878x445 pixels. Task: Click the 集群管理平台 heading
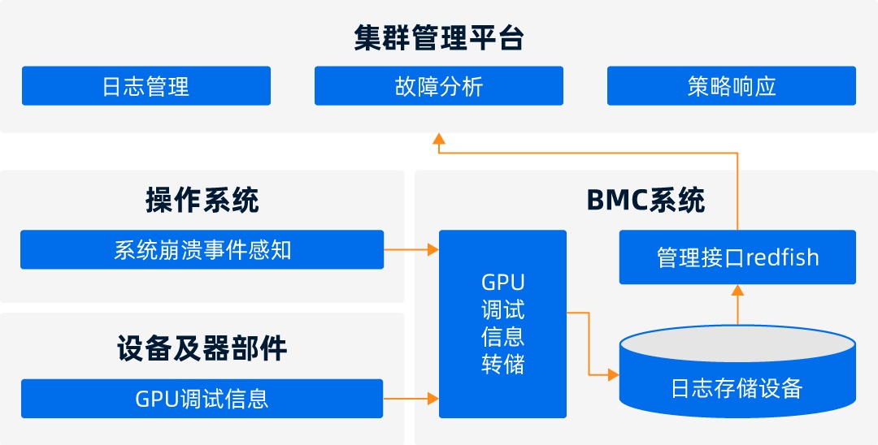tap(439, 38)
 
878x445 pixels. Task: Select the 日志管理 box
tap(146, 86)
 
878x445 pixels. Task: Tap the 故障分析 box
tap(438, 86)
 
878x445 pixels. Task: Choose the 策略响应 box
tap(731, 86)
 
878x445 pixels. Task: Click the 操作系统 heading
tap(202, 200)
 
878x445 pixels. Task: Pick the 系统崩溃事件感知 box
tap(202, 249)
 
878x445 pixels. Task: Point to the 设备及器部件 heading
tap(202, 348)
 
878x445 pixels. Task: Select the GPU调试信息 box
tap(202, 399)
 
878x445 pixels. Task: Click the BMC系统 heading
tap(645, 200)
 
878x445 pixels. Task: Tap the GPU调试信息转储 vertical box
tap(502, 323)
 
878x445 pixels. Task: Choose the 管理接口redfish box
tap(737, 257)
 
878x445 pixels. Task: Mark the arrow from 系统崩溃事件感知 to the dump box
tap(411, 249)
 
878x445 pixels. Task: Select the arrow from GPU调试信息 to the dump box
tap(411, 399)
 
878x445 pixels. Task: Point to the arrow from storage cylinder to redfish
tap(737, 305)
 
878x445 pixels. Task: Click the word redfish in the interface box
tap(782, 257)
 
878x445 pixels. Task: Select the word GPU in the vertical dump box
tap(502, 283)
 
